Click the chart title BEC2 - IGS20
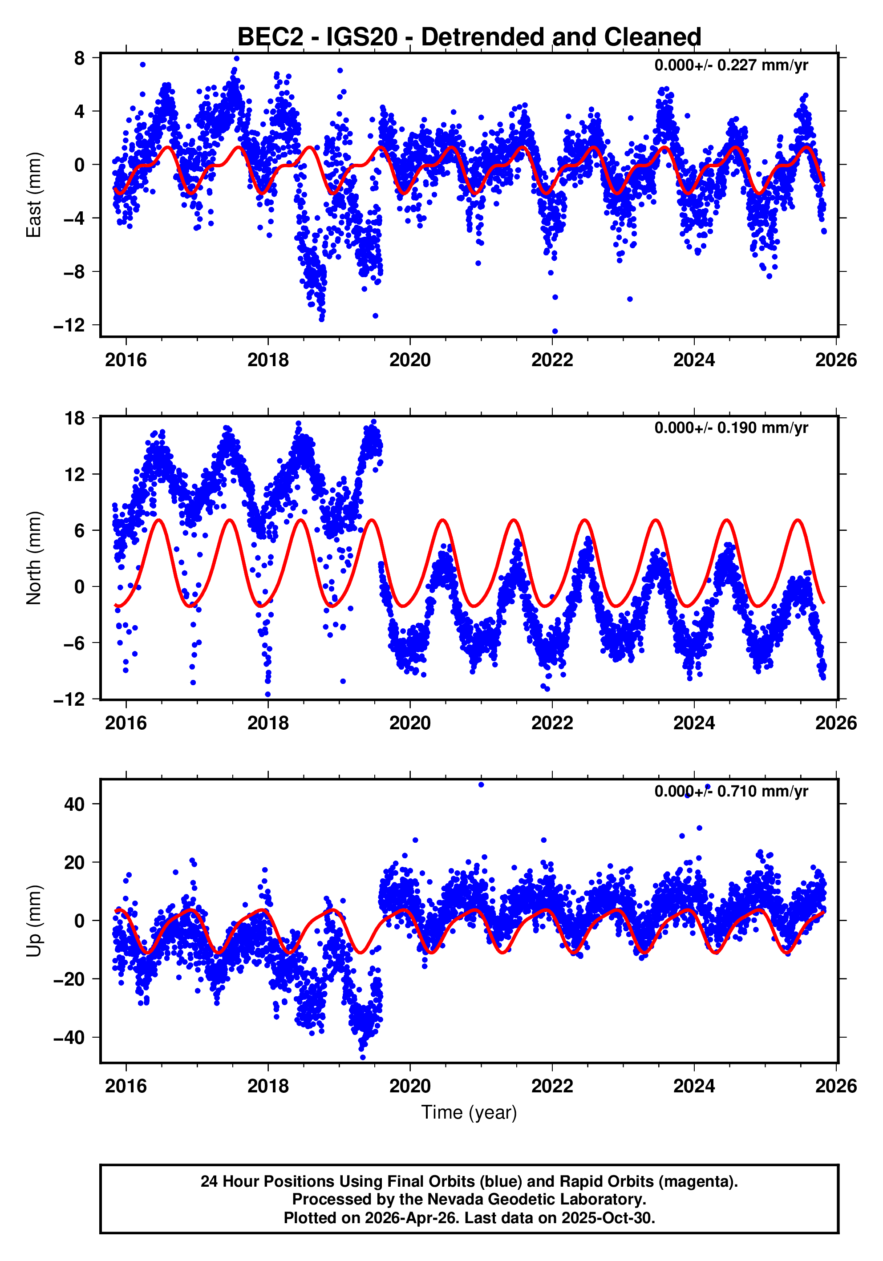click(469, 37)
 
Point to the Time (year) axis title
click(469, 1112)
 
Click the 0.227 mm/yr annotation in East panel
click(731, 65)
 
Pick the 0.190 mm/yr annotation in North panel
click(731, 428)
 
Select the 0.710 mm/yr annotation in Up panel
click(731, 792)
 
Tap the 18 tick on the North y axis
click(75, 419)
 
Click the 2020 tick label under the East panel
click(410, 360)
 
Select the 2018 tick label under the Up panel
click(267, 1086)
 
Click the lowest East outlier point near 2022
click(555, 331)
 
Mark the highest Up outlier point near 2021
click(482, 785)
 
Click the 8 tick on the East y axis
click(80, 58)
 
